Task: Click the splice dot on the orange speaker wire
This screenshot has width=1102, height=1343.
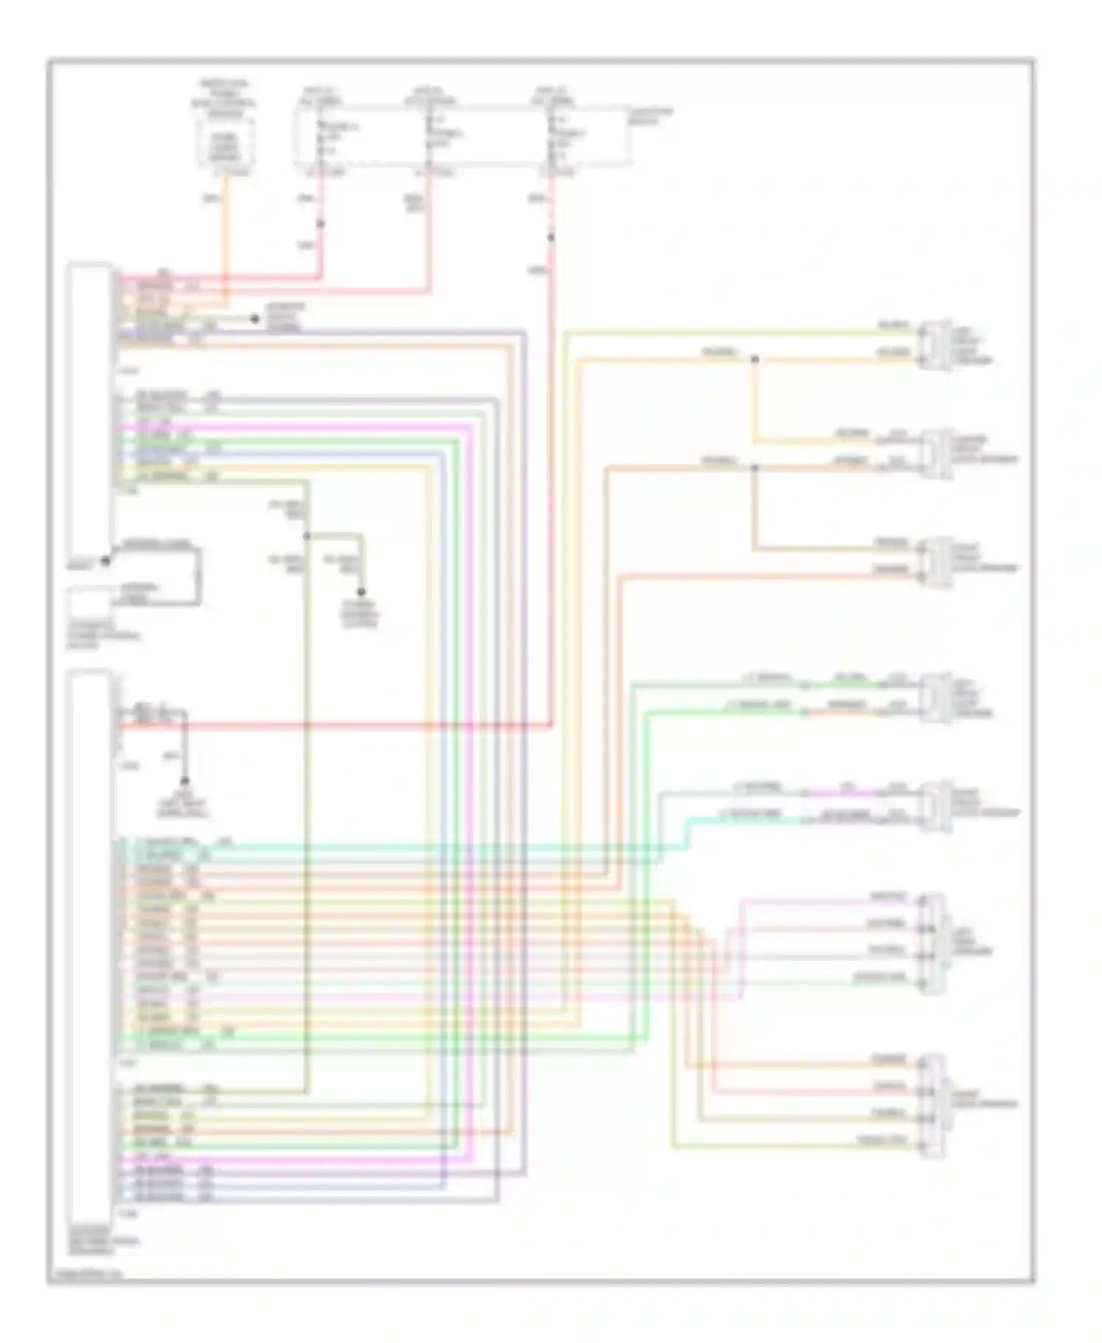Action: (754, 359)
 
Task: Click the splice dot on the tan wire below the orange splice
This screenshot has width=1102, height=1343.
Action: (754, 467)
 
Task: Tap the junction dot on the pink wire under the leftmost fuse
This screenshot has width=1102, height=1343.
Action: (320, 223)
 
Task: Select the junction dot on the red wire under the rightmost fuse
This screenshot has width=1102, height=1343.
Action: (550, 237)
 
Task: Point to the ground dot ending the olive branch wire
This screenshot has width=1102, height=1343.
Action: (361, 591)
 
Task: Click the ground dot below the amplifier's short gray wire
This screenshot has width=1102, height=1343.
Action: (184, 781)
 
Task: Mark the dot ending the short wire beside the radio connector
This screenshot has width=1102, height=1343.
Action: (255, 319)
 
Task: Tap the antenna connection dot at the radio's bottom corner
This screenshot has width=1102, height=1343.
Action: (105, 561)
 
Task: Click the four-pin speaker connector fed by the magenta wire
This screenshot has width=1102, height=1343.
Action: (933, 943)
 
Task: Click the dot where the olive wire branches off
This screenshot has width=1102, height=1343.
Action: (306, 536)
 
